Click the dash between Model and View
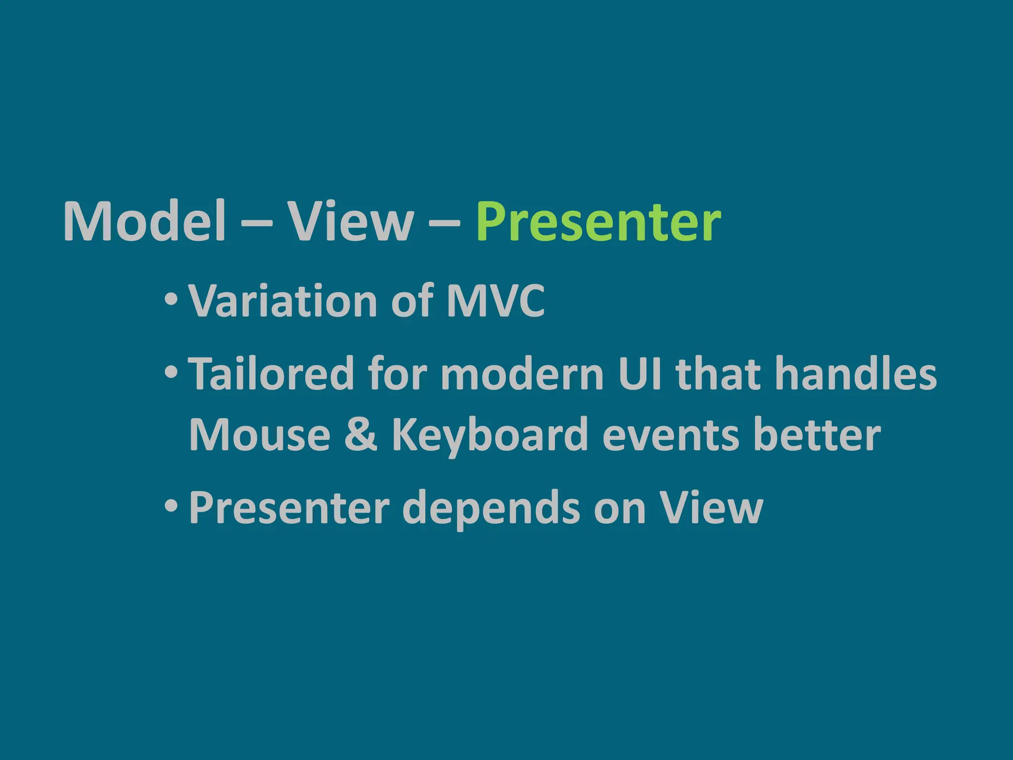click(x=257, y=223)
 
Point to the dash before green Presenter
click(x=444, y=223)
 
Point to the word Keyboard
click(x=490, y=435)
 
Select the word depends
click(x=490, y=509)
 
